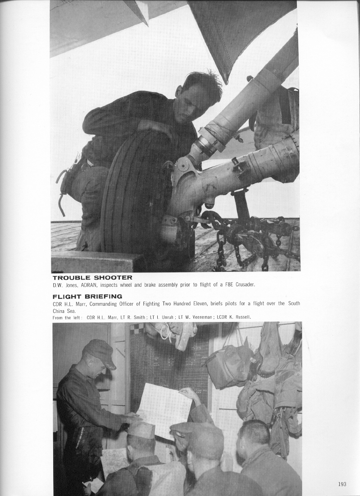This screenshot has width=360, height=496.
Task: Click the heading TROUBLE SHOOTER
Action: [92, 278]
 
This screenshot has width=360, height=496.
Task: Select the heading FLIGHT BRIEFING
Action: [87, 297]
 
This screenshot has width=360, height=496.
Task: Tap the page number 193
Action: [342, 484]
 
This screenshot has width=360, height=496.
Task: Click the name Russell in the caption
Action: [241, 317]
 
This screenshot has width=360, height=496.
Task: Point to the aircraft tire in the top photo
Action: [135, 194]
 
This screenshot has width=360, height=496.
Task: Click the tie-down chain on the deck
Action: [243, 239]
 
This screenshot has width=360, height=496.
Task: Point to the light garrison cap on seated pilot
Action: [141, 431]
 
